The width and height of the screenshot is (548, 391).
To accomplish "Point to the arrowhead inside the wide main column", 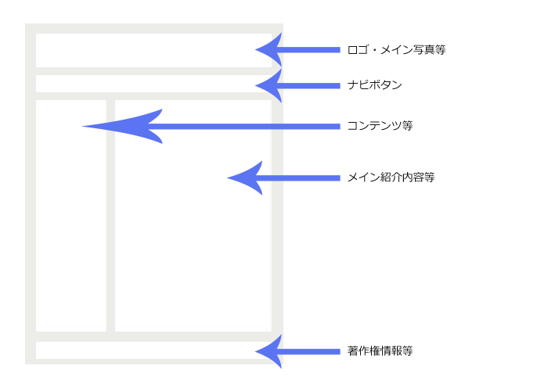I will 247,178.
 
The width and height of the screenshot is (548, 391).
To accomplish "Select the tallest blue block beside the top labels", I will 312,67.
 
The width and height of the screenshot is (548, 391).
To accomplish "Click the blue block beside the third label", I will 312,127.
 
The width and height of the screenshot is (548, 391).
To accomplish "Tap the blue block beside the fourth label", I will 312,178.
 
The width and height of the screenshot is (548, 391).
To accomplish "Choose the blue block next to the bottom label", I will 312,352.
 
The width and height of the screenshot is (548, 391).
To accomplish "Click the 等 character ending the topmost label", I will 441,50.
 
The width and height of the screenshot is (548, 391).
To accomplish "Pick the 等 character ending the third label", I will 407,126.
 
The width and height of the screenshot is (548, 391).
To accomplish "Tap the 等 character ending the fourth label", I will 429,178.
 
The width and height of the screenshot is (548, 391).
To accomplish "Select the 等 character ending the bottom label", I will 407,351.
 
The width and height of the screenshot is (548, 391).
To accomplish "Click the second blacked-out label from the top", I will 374,84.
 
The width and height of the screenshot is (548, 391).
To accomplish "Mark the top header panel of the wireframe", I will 149,50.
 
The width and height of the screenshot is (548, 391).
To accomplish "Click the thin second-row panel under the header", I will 149,84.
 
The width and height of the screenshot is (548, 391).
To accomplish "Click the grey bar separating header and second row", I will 149,71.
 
